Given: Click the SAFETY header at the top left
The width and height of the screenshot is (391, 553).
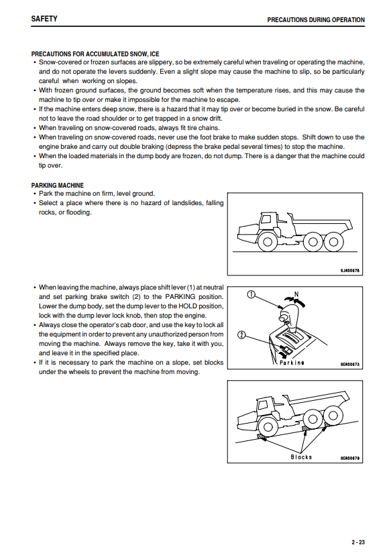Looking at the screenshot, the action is pos(44,19).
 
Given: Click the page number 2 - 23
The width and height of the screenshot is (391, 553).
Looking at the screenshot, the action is pos(358,542).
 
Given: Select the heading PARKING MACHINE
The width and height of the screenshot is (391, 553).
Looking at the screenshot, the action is pos(58,185).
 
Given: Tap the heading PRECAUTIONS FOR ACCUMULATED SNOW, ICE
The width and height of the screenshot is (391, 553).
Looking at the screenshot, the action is pos(95,54).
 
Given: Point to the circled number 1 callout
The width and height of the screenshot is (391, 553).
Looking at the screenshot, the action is pos(251,294).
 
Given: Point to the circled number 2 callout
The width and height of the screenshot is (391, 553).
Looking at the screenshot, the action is pos(241,334).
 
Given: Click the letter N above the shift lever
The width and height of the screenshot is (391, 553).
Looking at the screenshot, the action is pos(296,294).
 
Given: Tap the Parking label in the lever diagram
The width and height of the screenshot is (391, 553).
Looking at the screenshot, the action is pos(292,363).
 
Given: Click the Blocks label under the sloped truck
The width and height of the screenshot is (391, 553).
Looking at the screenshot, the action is pos(301,457).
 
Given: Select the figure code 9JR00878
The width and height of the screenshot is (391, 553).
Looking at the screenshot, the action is pos(349,271).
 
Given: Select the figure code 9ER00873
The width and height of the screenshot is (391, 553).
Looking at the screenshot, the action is pos(349,365).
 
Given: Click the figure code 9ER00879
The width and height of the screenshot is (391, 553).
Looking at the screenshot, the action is pos(349,458).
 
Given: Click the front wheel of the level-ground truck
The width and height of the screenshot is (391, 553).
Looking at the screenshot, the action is pos(267,242).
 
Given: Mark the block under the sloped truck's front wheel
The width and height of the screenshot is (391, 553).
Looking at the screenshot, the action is pos(261,437).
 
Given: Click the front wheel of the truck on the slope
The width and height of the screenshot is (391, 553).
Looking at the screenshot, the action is pos(267,427).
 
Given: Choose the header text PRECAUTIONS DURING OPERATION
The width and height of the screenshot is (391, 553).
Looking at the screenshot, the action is pos(316,19).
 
